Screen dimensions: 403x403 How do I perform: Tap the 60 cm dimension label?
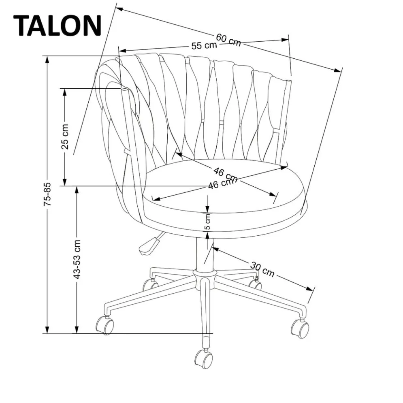pos(228,39)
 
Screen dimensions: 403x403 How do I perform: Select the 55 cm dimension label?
pos(204,45)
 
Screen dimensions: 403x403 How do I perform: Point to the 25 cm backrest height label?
pos(65,137)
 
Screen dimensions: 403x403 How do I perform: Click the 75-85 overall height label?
pos(48,195)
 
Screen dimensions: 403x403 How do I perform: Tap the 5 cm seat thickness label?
pos(207,222)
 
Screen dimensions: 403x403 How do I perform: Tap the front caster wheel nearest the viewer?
pos(203,358)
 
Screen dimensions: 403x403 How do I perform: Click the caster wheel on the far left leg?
pos(104,325)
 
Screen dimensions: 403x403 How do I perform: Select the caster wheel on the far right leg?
pos(300,328)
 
